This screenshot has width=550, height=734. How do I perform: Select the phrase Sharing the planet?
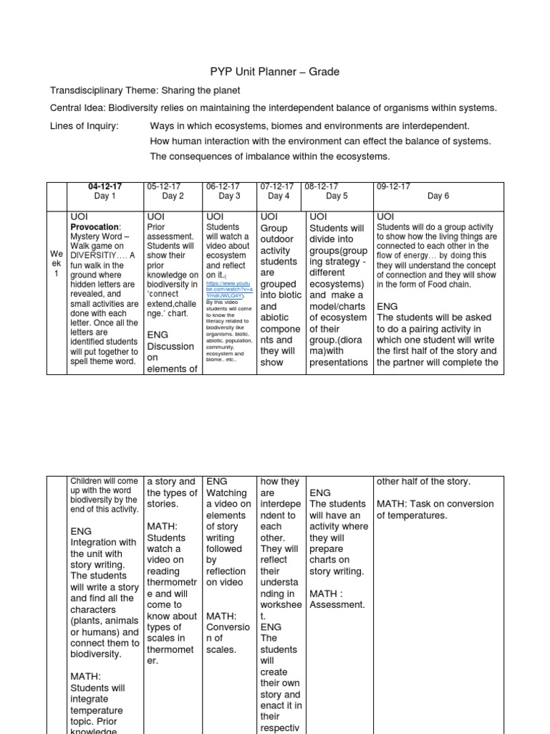[x=201, y=90]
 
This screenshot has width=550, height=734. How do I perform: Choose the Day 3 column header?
[x=229, y=196]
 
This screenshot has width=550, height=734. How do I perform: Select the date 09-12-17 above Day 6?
[x=393, y=186]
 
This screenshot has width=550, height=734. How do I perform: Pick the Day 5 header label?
[x=337, y=196]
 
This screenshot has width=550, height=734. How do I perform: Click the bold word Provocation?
[x=95, y=227]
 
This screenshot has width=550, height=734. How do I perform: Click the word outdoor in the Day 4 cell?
[x=278, y=239]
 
